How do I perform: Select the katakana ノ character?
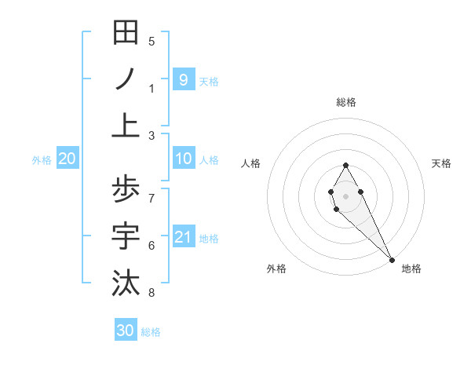126,80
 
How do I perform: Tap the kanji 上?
126,126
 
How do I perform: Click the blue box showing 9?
183,79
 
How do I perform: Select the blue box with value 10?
183,159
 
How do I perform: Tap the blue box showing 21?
183,237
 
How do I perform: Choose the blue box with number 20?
67,159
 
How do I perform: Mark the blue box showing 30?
126,331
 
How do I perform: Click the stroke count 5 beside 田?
152,42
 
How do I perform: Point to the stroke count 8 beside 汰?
152,293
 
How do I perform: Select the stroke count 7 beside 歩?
152,197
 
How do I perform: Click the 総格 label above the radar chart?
346,102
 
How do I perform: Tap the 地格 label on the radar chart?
411,269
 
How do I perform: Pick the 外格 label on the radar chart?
276,269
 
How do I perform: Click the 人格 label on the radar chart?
250,163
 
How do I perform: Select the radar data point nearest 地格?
392,260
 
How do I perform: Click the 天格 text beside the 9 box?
209,81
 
